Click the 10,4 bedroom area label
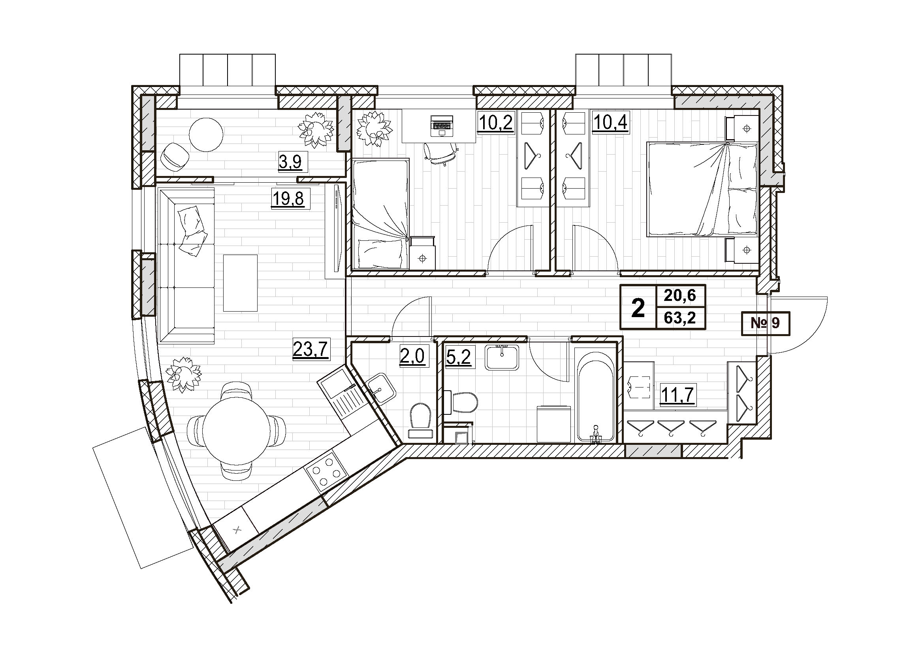coord(610,123)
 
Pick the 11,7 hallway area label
coord(678,395)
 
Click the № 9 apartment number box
coord(765,323)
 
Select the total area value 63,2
coord(681,319)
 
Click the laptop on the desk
coord(442,125)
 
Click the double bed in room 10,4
coord(702,189)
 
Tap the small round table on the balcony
coord(206,134)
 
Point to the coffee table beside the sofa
coord(240,283)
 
